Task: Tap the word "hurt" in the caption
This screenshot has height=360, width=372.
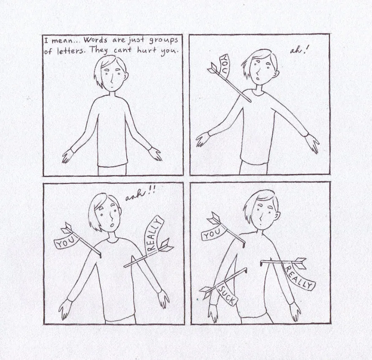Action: click(x=147, y=50)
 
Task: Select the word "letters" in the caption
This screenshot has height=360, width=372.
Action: click(x=71, y=51)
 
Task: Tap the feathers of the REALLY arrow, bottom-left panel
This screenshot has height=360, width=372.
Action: click(x=167, y=245)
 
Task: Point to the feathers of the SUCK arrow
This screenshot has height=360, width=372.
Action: click(x=206, y=291)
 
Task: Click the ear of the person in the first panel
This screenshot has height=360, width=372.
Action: click(x=126, y=76)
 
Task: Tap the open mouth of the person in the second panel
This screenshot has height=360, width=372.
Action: click(x=257, y=79)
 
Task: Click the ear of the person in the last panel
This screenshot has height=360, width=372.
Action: click(x=278, y=216)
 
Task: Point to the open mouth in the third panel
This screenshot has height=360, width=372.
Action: click(x=112, y=224)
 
